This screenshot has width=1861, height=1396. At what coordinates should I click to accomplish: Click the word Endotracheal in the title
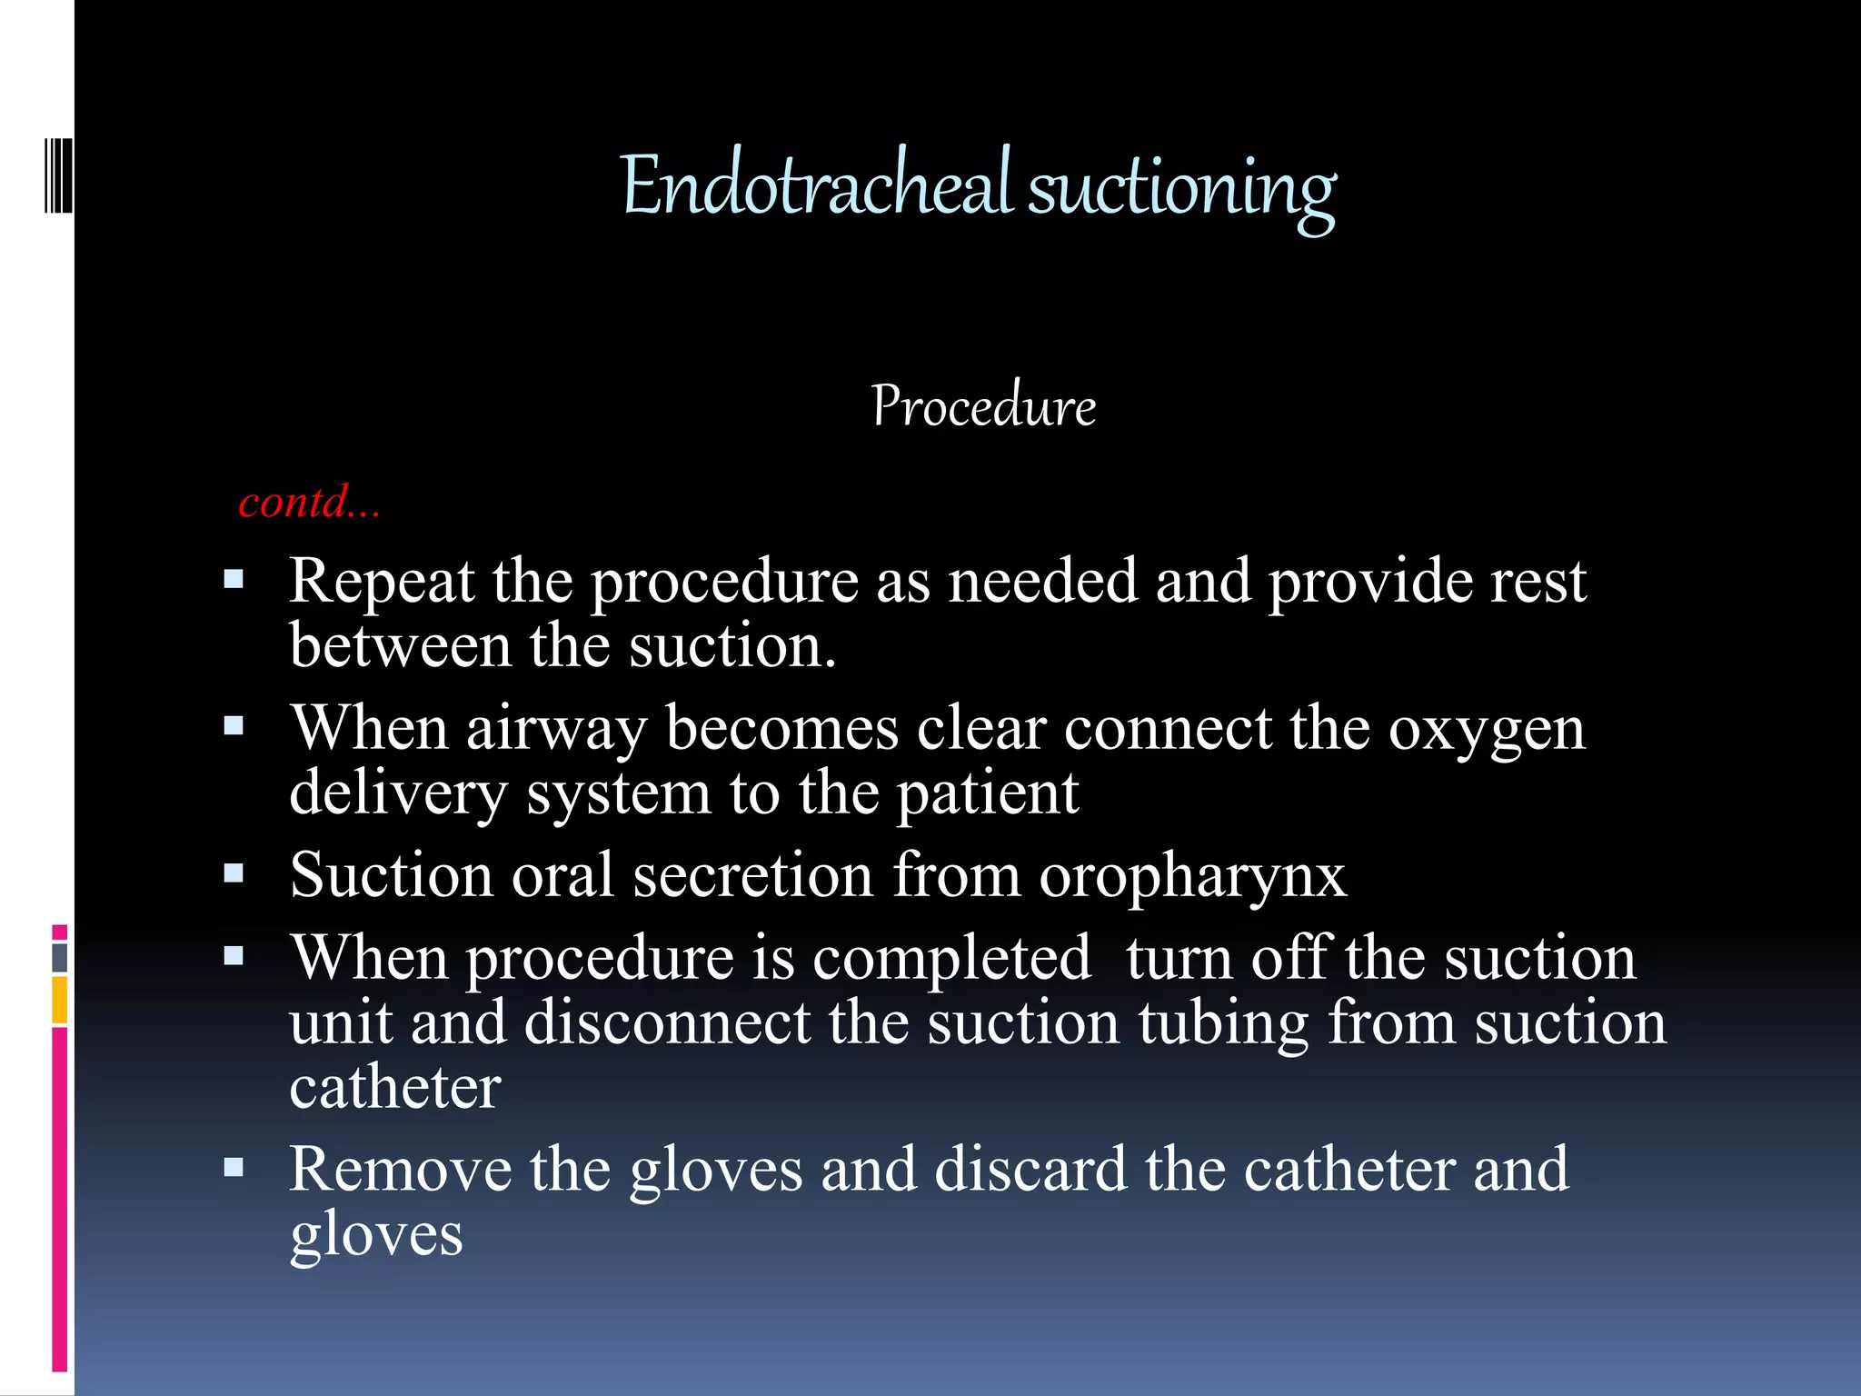[x=815, y=186]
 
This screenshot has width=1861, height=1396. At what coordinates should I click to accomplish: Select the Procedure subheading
[x=983, y=405]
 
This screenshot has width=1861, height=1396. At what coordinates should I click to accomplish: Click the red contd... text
[x=309, y=502]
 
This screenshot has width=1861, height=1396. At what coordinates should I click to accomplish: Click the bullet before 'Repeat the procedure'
[x=234, y=579]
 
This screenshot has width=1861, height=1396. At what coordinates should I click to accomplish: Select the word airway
[x=556, y=729]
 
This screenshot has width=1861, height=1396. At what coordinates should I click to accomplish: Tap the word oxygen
[x=1487, y=731]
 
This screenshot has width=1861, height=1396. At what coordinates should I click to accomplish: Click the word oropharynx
[x=1192, y=876]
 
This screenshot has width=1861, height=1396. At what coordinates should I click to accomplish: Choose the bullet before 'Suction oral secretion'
[x=234, y=874]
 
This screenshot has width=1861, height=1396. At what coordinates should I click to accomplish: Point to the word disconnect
[x=667, y=1022]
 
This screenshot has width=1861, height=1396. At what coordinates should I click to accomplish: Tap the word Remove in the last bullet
[x=400, y=1170]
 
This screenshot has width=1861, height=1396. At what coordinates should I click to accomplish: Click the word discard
[x=1030, y=1170]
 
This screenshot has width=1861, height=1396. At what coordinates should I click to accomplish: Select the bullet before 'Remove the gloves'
[x=234, y=1168]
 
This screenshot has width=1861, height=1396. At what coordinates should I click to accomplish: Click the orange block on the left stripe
[x=60, y=1000]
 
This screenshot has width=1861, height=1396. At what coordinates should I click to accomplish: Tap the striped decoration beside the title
[x=58, y=175]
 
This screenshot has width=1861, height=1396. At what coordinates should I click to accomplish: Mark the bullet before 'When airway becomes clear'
[x=234, y=726]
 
